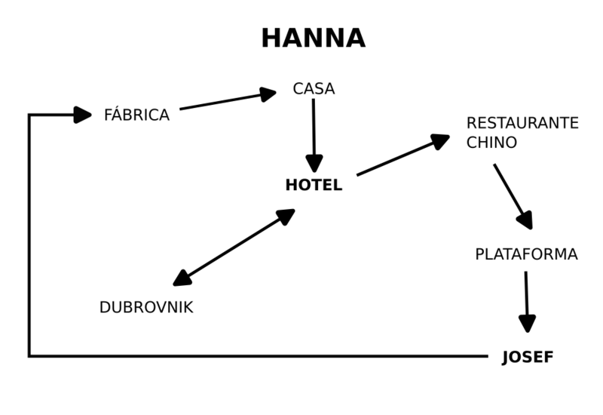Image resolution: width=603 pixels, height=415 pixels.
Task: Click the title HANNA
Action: point(313,38)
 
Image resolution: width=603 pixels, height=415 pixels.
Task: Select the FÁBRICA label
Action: point(136,115)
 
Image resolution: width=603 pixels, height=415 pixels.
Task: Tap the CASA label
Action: point(314,89)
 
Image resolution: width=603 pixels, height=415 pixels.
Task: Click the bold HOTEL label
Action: point(314,186)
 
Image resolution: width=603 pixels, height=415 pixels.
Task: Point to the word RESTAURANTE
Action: point(522,123)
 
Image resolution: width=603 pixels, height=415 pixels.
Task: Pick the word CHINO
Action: point(491,143)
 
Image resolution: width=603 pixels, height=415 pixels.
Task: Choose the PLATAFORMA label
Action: point(526,254)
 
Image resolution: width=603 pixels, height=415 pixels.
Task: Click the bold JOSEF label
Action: point(528,358)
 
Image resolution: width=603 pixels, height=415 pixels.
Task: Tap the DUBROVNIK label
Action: point(146,308)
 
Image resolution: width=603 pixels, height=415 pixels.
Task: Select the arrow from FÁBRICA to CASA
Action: point(226,101)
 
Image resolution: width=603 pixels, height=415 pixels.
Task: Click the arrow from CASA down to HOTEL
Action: point(314,132)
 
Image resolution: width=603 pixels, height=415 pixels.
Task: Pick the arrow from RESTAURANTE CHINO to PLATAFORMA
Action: point(513,195)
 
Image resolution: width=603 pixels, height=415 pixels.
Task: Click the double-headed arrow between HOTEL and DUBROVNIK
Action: point(234,247)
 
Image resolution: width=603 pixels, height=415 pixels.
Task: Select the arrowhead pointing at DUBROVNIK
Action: point(182,279)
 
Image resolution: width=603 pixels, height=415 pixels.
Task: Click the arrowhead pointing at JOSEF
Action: point(527,324)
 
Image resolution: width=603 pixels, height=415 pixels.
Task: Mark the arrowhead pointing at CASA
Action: point(268,94)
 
